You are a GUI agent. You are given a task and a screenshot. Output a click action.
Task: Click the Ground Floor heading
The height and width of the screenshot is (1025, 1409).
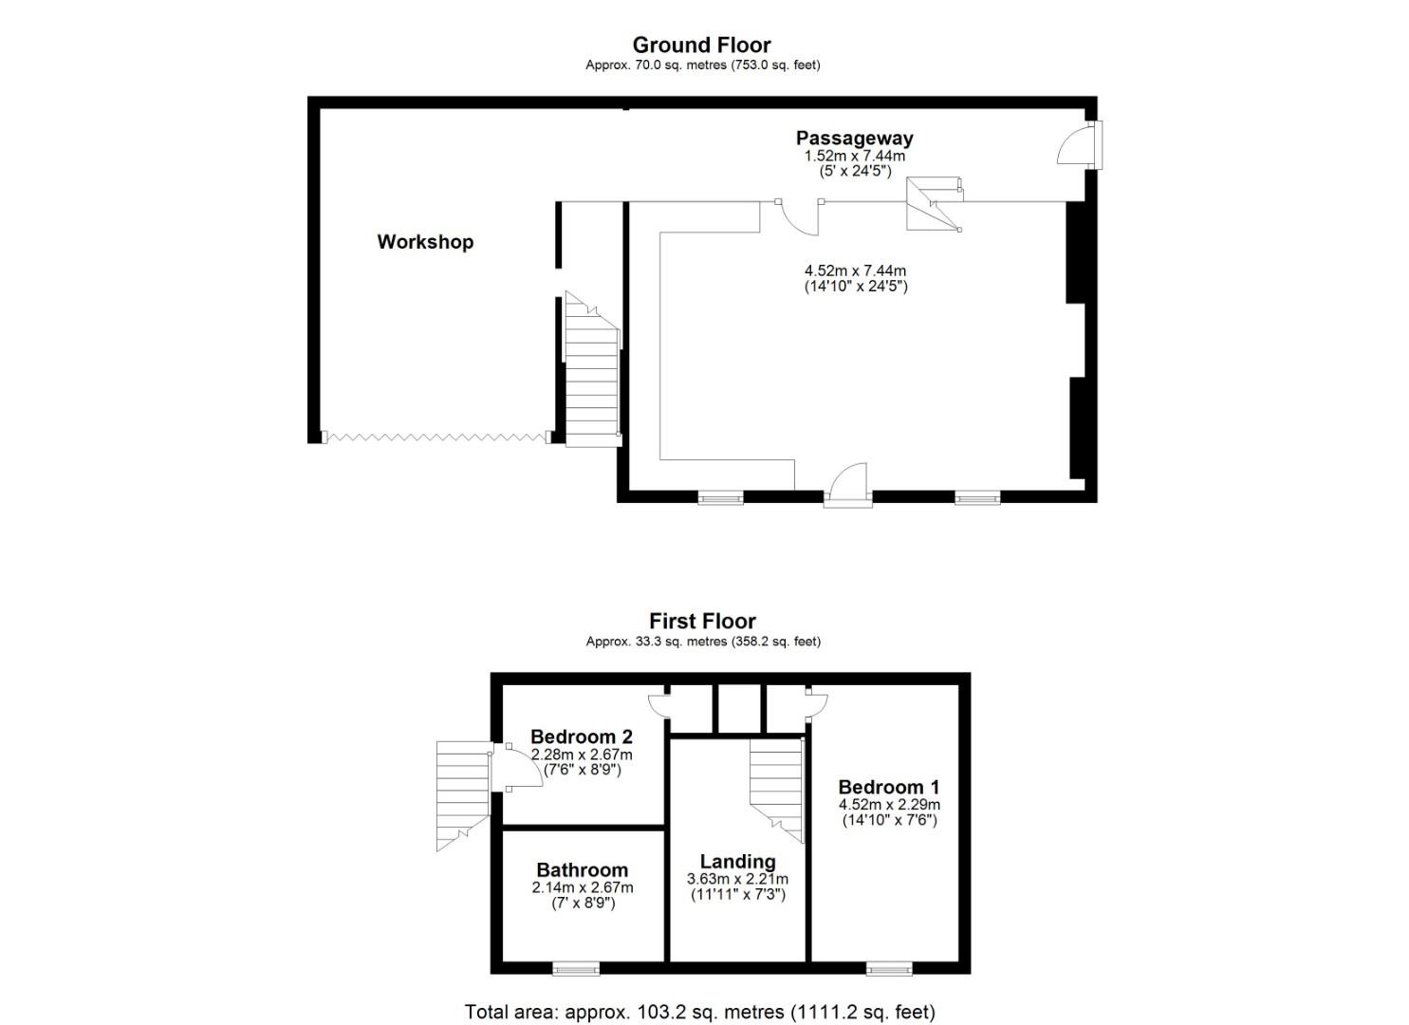701,45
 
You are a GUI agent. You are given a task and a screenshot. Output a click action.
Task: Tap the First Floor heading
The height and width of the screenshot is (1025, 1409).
702,622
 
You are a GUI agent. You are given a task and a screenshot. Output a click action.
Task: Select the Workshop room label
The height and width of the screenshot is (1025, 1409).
425,242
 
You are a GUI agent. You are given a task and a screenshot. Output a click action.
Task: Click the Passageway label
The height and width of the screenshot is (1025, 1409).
854,139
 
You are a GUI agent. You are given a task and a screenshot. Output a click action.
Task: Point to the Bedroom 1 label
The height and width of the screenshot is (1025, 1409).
889,787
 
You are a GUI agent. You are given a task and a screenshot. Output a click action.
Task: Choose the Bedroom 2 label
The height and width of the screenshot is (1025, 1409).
582,736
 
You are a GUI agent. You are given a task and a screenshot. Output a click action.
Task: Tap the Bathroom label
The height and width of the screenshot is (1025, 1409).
582,870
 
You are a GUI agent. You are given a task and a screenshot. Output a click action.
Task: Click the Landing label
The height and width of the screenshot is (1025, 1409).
737,862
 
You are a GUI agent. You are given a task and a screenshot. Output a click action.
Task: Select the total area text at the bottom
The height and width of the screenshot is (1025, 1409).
699,1012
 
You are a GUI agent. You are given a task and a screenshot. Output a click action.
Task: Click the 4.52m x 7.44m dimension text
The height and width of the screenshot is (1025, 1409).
855,271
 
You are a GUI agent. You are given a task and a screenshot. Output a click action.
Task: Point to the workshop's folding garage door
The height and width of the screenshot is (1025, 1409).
436,438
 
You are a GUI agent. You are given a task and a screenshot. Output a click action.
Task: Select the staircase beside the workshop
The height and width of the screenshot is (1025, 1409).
591,370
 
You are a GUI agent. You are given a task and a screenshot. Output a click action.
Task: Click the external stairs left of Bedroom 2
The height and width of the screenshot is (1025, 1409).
462,793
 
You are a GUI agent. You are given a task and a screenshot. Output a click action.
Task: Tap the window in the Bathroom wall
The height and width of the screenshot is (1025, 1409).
576,969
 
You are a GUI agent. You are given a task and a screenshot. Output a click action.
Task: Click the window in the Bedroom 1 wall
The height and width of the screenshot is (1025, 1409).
889,969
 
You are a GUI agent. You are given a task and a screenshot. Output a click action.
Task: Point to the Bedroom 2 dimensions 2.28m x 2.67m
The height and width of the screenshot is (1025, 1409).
582,755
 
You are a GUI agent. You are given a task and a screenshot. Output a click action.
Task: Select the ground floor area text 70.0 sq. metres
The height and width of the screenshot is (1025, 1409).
702,65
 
